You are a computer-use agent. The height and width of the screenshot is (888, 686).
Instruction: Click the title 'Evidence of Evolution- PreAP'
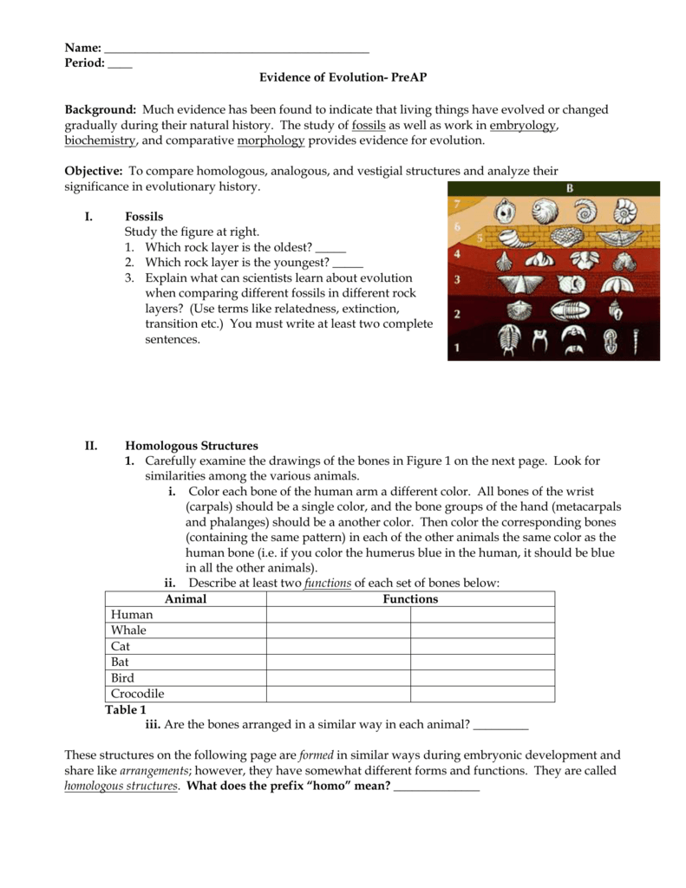343,78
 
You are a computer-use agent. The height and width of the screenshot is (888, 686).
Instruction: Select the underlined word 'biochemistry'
100,140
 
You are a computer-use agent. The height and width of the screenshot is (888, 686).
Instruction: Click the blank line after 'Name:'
236,49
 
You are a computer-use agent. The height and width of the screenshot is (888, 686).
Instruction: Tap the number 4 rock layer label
458,254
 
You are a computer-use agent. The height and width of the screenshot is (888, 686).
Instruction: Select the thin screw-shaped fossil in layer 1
636,341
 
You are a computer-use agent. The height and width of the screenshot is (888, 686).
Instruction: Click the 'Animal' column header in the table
186,599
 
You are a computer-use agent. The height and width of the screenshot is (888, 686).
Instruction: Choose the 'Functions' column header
410,599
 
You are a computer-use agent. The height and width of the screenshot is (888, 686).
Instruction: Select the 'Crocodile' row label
138,694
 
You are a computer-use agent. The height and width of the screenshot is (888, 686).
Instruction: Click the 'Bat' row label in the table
121,663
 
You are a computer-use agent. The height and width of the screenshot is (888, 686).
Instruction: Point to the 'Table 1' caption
126,709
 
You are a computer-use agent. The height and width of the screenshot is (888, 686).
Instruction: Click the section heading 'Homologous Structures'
192,446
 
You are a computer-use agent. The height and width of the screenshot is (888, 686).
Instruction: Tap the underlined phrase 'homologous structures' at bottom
121,787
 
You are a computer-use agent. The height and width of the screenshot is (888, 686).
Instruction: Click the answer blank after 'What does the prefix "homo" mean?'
436,787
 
